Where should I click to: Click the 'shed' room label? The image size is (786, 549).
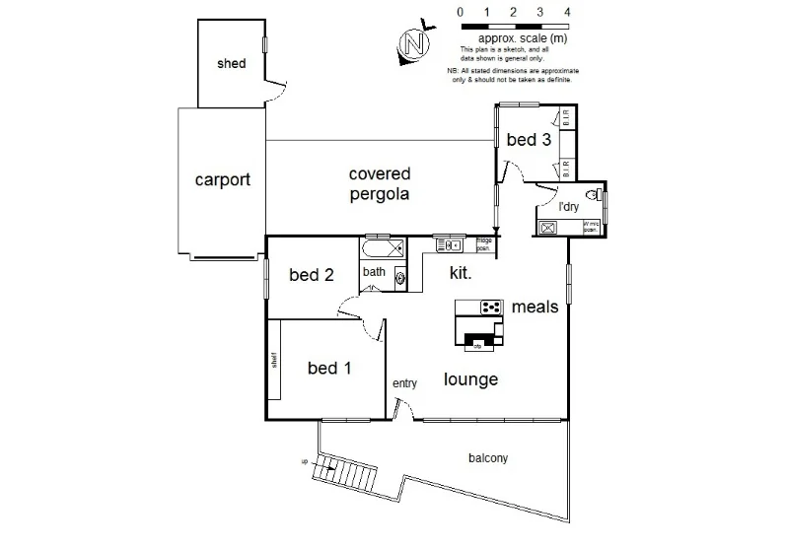(x=231, y=64)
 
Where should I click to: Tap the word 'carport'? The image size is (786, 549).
(x=222, y=180)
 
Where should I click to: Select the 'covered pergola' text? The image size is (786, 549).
(x=379, y=183)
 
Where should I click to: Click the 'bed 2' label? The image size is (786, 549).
(x=310, y=275)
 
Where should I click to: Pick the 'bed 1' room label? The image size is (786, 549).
(x=328, y=369)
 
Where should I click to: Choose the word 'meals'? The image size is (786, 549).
(x=535, y=307)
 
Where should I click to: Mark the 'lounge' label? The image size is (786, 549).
(x=470, y=379)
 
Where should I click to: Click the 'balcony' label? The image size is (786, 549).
(x=488, y=458)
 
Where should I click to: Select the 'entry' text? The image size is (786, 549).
(x=404, y=383)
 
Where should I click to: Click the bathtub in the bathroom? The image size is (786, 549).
(x=382, y=247)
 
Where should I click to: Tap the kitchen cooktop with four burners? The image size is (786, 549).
(x=491, y=308)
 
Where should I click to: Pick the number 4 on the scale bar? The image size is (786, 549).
(x=567, y=12)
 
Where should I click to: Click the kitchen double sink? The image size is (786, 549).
(x=450, y=244)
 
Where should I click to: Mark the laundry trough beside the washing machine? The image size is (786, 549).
(x=548, y=228)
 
